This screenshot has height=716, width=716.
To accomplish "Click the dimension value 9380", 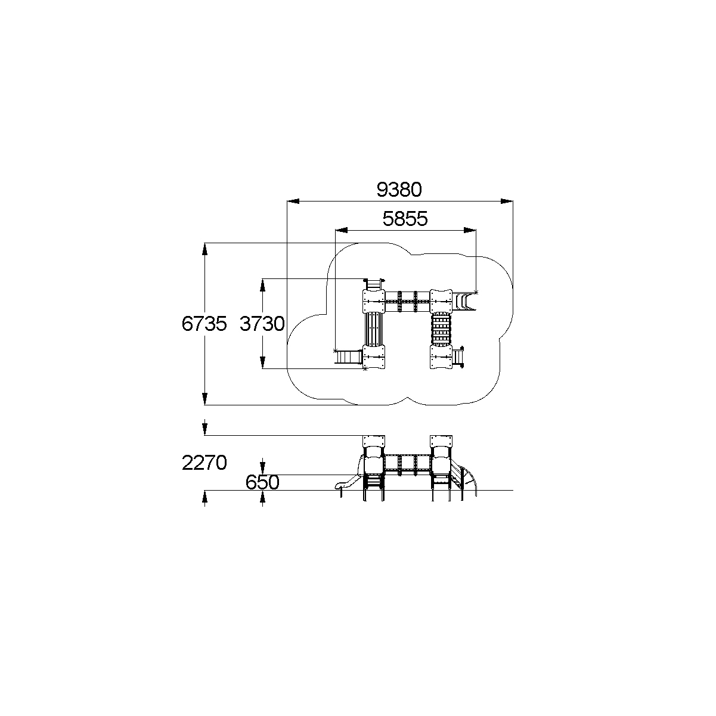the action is tap(399, 190).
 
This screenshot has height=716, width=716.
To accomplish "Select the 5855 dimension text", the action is tap(405, 219).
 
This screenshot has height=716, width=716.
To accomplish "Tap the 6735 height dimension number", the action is tap(204, 324).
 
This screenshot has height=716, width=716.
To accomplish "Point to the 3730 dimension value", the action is tap(262, 324).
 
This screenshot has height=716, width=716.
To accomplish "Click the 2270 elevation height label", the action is tap(204, 463).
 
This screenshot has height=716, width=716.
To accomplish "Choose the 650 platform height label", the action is tap(262, 483).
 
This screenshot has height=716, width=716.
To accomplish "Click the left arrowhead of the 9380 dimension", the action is tap(293, 202).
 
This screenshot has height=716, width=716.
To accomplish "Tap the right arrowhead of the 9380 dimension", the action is tap(507, 202).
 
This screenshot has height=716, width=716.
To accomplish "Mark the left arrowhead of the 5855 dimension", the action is tap(342, 230).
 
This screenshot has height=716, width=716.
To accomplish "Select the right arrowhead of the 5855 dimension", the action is tap(470, 230).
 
